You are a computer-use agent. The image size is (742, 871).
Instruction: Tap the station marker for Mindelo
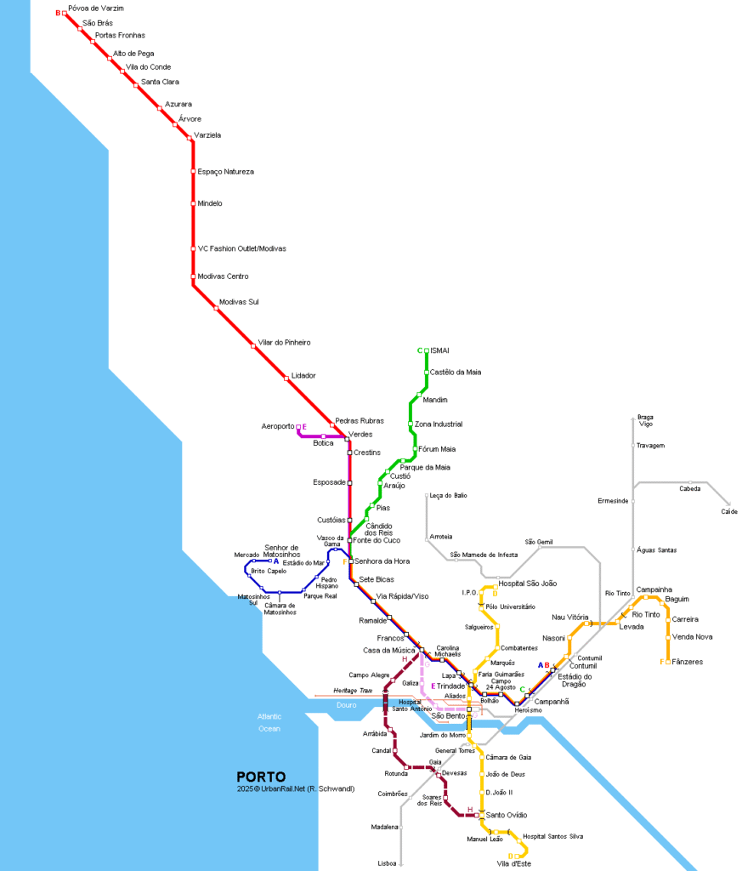(193, 203)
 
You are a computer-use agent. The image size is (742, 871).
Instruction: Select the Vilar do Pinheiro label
(285, 342)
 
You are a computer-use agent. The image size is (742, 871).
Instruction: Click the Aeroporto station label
(277, 426)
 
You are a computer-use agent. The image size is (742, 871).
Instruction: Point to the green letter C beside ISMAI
(420, 350)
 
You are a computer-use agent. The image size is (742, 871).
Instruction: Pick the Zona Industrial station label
(439, 424)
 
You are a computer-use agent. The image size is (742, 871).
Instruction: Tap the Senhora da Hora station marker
(350, 561)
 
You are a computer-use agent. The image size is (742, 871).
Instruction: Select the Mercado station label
(246, 555)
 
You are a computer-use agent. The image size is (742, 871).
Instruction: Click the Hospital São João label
(527, 584)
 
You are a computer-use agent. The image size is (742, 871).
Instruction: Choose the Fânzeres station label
(688, 662)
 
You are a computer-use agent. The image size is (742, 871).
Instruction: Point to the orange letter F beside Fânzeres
(663, 662)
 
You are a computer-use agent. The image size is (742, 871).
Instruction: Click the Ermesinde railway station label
(613, 501)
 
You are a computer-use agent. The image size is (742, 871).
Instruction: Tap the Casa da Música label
(387, 651)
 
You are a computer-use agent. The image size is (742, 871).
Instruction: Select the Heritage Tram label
(353, 691)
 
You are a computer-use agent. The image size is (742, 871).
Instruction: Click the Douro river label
(346, 705)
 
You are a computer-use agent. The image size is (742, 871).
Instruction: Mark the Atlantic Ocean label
(269, 723)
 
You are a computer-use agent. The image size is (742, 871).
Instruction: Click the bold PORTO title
(261, 777)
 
